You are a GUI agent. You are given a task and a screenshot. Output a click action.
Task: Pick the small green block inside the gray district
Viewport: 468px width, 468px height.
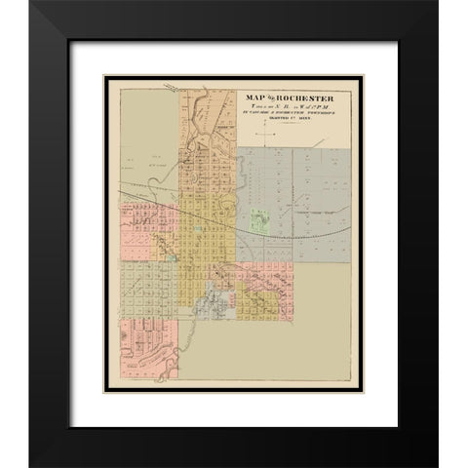pyautogui.click(x=259, y=221)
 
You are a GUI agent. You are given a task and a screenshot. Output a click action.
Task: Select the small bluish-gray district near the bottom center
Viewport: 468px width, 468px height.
pyautogui.click(x=209, y=310)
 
